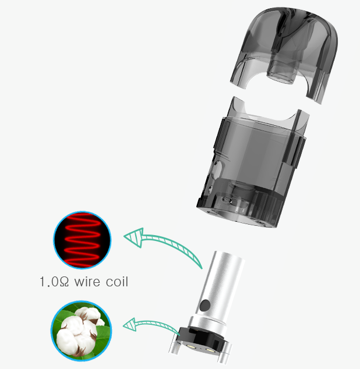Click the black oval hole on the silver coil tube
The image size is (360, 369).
click(204, 306)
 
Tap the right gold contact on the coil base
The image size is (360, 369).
click(210, 350)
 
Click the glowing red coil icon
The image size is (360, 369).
click(82, 240)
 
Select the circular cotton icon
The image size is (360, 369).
click(82, 331)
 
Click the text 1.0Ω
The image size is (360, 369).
click(54, 282)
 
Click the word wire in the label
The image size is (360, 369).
click(87, 282)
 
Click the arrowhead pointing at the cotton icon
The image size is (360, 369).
click(130, 325)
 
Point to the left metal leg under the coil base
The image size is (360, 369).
click(174, 345)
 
